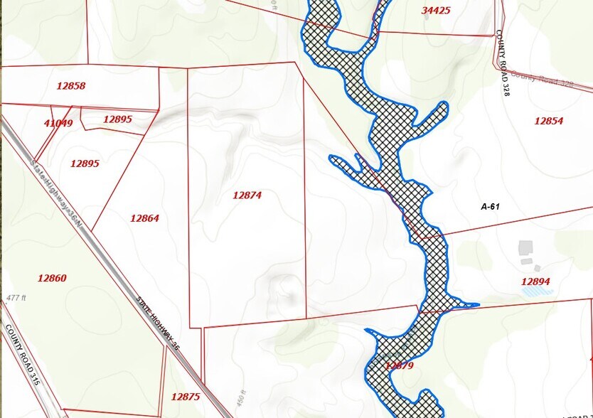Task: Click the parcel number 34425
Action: [436, 11]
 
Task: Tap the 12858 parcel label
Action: [70, 86]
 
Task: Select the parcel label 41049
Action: [58, 123]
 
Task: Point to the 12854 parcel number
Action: [548, 121]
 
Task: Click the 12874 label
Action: [247, 195]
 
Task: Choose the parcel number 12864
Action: [144, 218]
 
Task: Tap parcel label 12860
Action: [52, 278]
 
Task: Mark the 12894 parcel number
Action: [535, 282]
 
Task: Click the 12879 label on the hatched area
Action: [399, 365]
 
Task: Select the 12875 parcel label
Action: [186, 397]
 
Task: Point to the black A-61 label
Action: [493, 207]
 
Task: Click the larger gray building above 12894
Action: [525, 247]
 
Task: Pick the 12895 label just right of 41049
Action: [117, 119]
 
